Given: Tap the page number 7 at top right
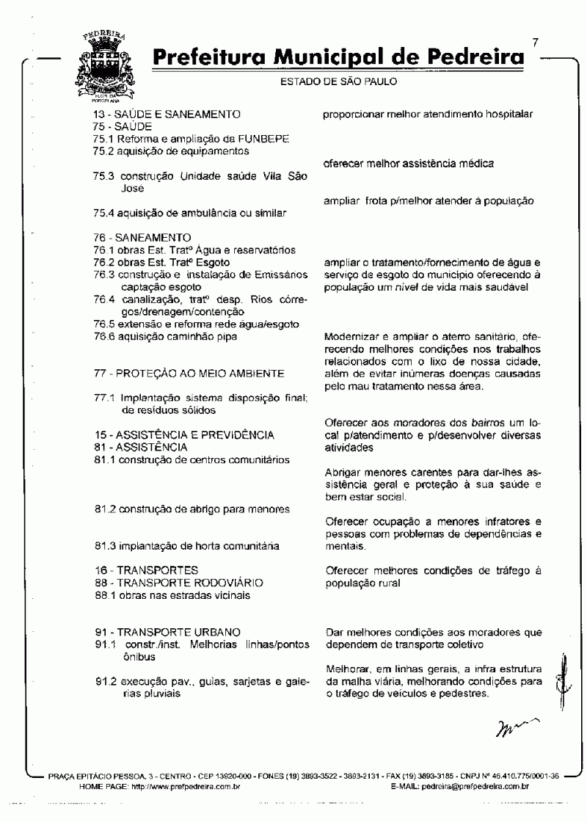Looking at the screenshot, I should pyautogui.click(x=536, y=43).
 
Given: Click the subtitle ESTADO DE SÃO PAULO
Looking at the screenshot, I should pyautogui.click(x=339, y=81).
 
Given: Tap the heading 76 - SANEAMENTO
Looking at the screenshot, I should pyautogui.click(x=142, y=238).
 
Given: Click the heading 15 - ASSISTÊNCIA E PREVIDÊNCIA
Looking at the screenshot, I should pyautogui.click(x=184, y=435).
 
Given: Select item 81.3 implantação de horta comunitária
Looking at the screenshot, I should pyautogui.click(x=188, y=546).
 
